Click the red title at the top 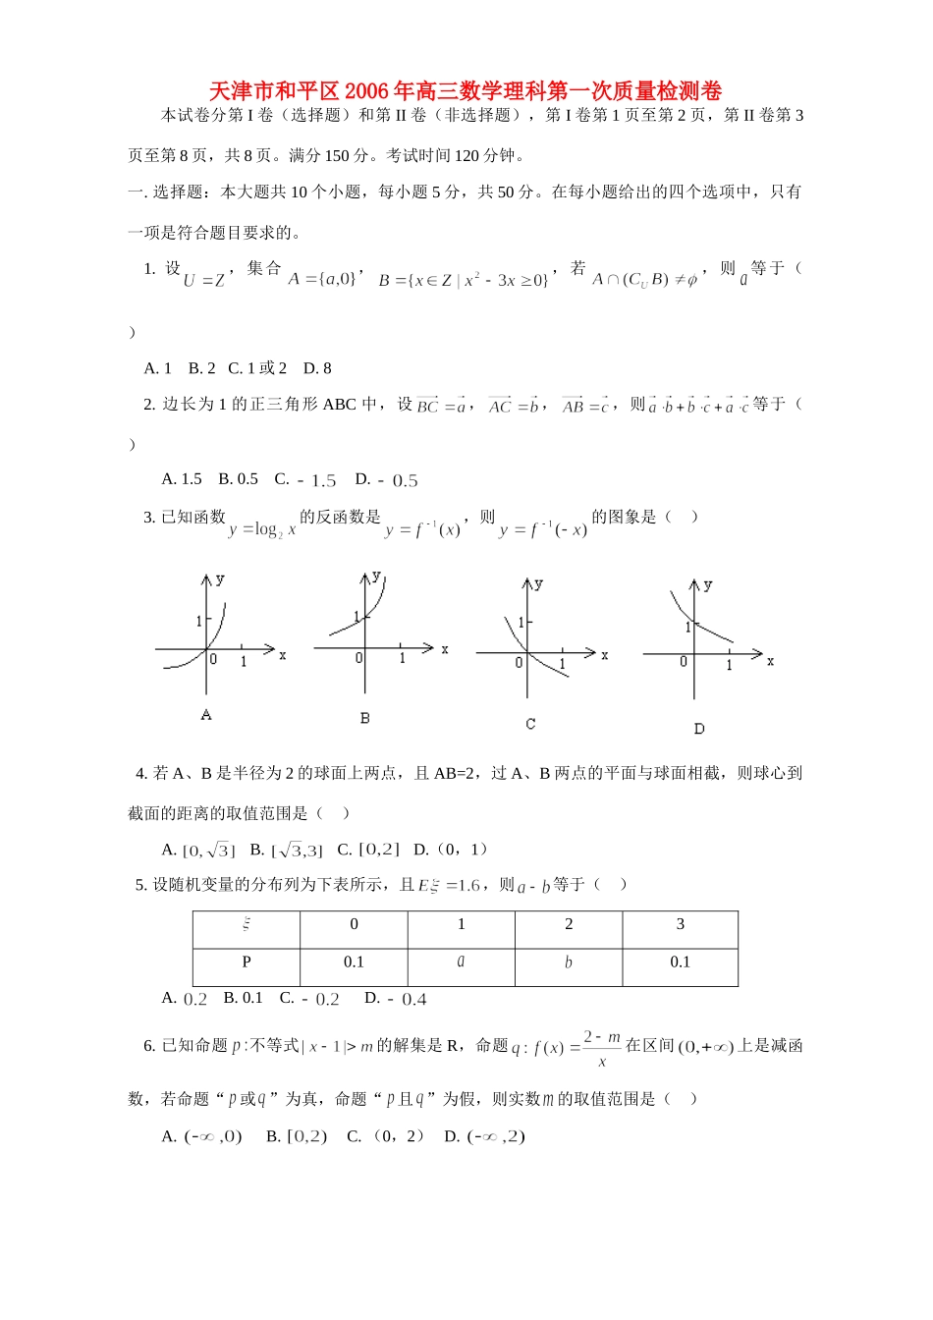466,91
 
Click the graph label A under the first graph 206,715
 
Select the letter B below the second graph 364,718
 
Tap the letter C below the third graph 530,724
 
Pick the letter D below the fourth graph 698,729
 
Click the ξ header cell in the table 247,925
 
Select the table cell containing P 247,962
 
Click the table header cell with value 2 569,925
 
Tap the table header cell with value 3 680,925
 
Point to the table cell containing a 461,962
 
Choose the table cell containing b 569,962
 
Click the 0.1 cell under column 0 354,962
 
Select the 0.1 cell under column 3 680,962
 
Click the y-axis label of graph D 708,585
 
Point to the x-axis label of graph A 283,655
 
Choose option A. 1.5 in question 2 182,479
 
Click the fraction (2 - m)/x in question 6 602,1048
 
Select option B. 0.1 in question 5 243,998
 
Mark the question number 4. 140,774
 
